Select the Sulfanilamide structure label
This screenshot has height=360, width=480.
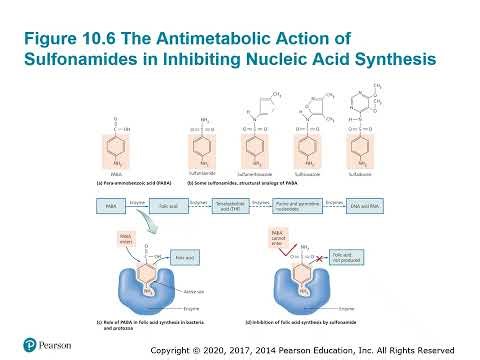coord(203,172)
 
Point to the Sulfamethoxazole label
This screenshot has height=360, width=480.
coord(255,172)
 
